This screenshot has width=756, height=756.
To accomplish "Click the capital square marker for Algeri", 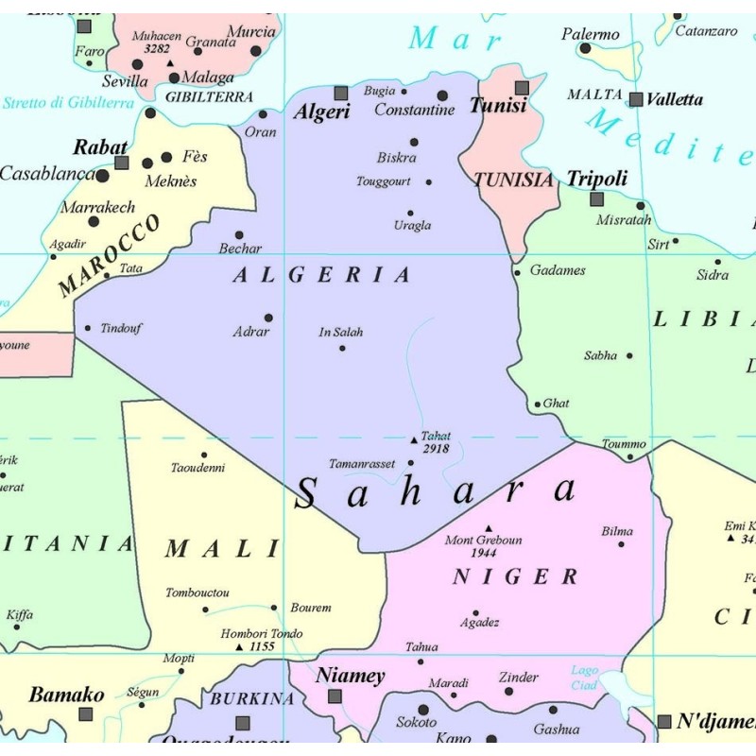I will point(341,93).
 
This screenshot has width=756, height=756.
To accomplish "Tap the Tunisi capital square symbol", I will point(522,88).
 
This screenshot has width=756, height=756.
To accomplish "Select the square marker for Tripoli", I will point(596,198).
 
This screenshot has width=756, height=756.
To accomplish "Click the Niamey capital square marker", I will point(335,696).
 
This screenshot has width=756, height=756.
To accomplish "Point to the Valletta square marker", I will point(636,99).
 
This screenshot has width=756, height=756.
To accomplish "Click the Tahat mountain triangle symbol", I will point(413,439).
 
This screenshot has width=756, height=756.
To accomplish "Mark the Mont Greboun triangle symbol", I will point(489,528).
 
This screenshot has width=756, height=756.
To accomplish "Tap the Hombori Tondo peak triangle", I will point(239,647).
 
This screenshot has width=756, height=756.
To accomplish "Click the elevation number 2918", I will point(436,449).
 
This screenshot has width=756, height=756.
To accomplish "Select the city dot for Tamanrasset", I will point(410,463).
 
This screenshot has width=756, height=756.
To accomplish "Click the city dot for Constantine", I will point(442,95).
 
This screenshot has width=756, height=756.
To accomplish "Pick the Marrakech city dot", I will point(94,222).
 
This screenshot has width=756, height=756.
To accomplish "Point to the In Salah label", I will point(341,333).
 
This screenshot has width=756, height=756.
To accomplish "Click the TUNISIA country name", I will point(513,180).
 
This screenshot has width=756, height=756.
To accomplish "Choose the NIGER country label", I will point(515,576).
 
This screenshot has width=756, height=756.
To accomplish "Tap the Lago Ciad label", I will point(584,678).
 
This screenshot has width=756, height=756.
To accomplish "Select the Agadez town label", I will point(479,623).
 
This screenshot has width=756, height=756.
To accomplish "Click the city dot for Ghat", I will point(538,404).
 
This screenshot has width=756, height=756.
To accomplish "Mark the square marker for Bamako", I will point(86,714).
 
